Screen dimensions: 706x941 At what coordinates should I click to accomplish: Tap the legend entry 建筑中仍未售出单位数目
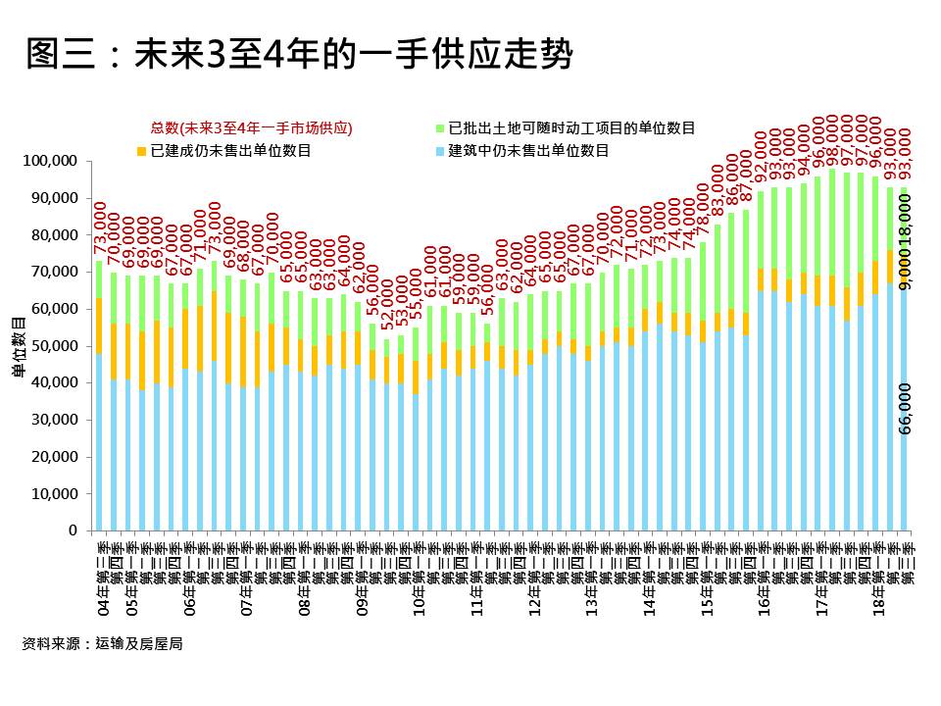click(528, 151)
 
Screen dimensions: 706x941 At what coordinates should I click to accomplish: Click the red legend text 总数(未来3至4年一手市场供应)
click(251, 128)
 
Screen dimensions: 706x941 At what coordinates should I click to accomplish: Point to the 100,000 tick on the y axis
click(50, 161)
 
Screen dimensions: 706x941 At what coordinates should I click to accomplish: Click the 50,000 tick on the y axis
click(53, 346)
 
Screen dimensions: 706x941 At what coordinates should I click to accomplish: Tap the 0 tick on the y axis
click(72, 531)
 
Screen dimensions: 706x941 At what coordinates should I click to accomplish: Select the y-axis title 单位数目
click(18, 346)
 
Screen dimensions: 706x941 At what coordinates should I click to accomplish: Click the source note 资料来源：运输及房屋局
click(102, 644)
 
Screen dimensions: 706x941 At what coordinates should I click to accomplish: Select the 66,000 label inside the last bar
click(905, 408)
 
